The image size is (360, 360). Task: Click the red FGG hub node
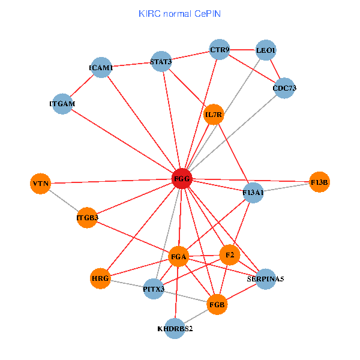[x=182, y=179]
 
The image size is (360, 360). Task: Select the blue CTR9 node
[x=220, y=50]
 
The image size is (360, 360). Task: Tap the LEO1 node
[x=266, y=50]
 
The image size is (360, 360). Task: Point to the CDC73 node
[x=284, y=88]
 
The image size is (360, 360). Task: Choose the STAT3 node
[x=161, y=61]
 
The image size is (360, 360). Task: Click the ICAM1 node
[x=101, y=68]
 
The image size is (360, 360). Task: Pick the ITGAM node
[x=62, y=104]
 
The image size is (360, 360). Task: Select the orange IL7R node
[x=214, y=114]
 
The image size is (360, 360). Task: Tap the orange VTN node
[x=41, y=183]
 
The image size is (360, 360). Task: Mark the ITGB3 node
[x=87, y=217]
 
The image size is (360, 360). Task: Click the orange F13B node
[x=320, y=182]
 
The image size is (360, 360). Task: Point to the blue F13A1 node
[x=254, y=193]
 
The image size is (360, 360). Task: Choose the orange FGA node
[x=179, y=257]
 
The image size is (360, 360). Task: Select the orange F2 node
[x=229, y=255]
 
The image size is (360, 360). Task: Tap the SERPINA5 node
[x=265, y=279]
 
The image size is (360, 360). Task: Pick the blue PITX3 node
[x=154, y=289]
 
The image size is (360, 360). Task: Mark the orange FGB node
[x=217, y=304]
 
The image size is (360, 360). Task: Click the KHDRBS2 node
[x=175, y=329]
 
